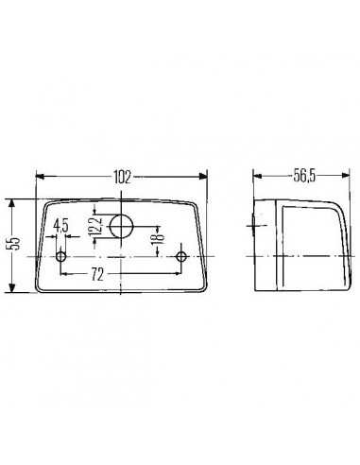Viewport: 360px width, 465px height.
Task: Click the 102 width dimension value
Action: (x=121, y=176)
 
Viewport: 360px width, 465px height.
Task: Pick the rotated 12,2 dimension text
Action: (x=94, y=227)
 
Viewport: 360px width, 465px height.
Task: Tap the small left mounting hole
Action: (x=62, y=257)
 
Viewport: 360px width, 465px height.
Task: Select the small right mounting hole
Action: (x=183, y=257)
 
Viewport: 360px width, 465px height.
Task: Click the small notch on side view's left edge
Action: (x=255, y=224)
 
